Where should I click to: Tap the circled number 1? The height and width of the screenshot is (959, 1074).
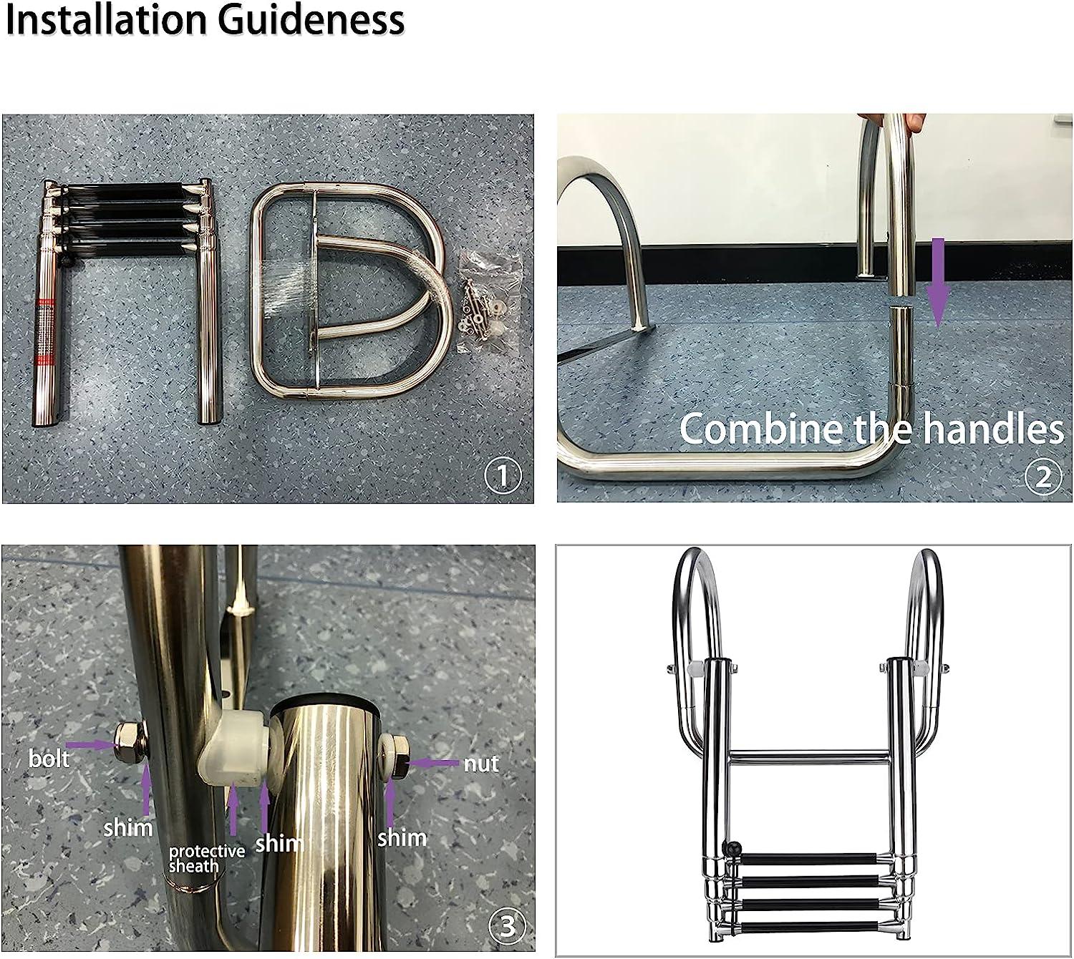coord(503,475)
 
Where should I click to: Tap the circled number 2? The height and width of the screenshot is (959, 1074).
coord(1042,477)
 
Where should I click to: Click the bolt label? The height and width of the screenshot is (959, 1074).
coord(49,759)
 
